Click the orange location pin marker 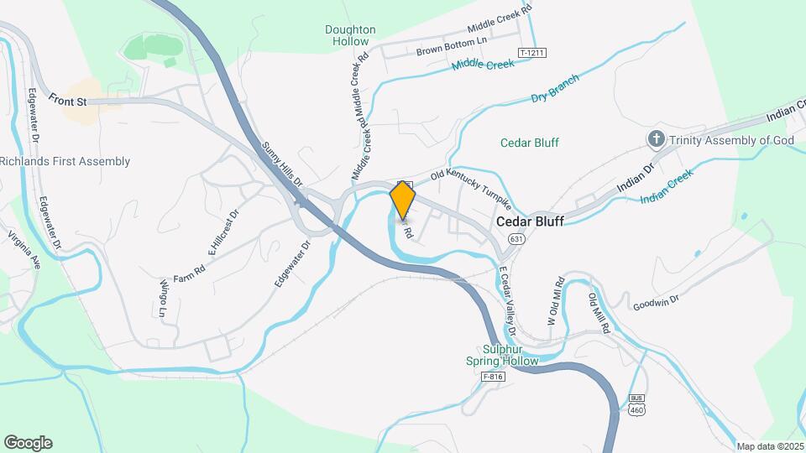(403, 200)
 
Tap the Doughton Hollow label (350, 35)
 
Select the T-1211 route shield (532, 53)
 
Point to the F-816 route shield (493, 377)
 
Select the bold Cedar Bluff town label (530, 222)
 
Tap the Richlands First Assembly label (65, 161)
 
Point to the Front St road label (68, 99)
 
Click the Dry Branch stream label (555, 92)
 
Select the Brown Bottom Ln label (452, 46)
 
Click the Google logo (28, 442)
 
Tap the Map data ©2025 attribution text (770, 446)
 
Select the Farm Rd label (189, 273)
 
